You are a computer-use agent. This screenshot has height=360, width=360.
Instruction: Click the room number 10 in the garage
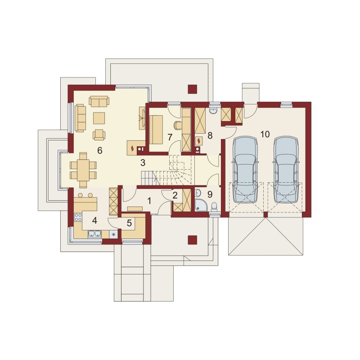pyautogui.click(x=265, y=134)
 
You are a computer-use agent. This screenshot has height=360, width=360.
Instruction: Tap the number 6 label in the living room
pyautogui.click(x=99, y=150)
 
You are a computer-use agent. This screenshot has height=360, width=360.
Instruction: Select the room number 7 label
pyautogui.click(x=170, y=137)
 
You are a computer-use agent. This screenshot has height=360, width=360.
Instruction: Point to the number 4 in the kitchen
pyautogui.click(x=94, y=220)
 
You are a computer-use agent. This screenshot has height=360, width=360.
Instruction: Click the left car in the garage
pyautogui.click(x=245, y=170)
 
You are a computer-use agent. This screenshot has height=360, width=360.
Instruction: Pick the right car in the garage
pyautogui.click(x=286, y=170)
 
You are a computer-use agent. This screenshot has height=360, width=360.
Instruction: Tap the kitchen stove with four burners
pyautogui.click(x=78, y=217)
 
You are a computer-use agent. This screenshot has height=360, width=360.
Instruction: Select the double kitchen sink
pyautogui.click(x=94, y=234)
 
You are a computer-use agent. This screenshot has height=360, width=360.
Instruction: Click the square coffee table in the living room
pyautogui.click(x=99, y=118)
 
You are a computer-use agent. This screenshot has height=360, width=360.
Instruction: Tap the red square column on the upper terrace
pyautogui.click(x=193, y=89)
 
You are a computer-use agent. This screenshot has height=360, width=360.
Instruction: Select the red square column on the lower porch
pyautogui.click(x=193, y=240)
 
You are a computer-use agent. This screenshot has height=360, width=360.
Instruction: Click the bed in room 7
pyautogui.click(x=156, y=130)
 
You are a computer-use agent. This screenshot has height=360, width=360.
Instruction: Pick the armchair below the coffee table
pyautogui.click(x=99, y=135)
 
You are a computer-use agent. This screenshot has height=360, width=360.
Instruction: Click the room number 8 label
pyautogui.click(x=210, y=135)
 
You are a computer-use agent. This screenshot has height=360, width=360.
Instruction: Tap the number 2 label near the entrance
pyautogui.click(x=175, y=196)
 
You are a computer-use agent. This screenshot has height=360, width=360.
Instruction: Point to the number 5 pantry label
pyautogui.click(x=129, y=223)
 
